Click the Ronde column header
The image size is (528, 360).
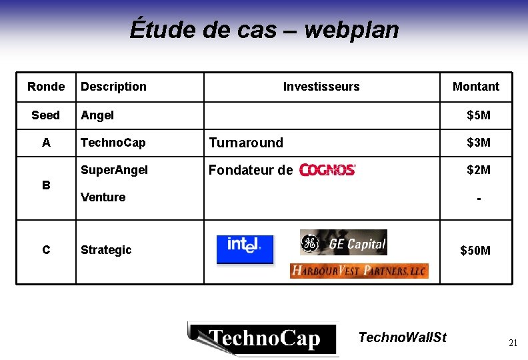tap(46, 87)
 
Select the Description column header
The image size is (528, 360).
tap(113, 87)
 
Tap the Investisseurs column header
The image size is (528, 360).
tap(321, 87)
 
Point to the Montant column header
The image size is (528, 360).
tap(476, 87)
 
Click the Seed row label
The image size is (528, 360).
tap(45, 115)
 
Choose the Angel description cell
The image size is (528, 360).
tap(97, 115)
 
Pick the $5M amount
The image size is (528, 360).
tap(479, 115)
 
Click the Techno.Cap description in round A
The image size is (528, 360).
tap(113, 143)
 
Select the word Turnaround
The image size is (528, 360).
tap(246, 143)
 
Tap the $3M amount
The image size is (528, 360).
tap(479, 143)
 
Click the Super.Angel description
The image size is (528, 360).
tap(114, 170)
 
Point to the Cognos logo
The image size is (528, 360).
tap(328, 170)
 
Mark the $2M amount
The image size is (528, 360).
tap(479, 170)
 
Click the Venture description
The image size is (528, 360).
tap(103, 197)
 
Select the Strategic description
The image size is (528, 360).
tap(106, 250)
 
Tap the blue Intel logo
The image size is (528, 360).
tap(245, 247)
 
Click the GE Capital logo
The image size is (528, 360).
tap(343, 243)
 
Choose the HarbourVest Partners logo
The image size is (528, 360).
tap(359, 271)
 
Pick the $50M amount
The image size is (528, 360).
tap(476, 251)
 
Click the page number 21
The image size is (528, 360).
tap(513, 343)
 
